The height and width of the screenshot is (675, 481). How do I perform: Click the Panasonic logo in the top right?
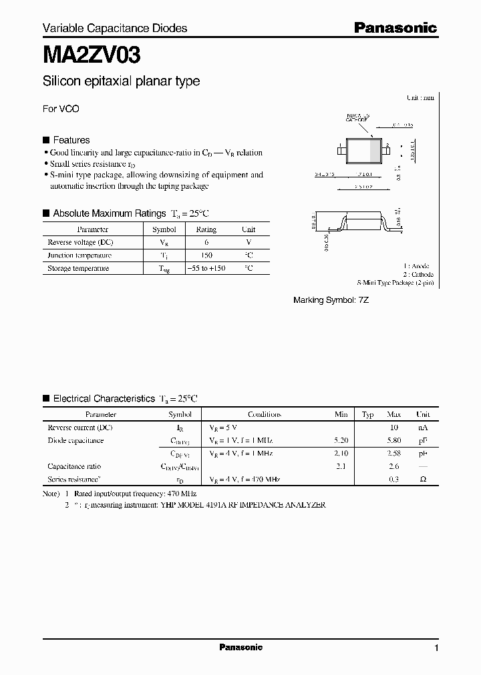pos(395,28)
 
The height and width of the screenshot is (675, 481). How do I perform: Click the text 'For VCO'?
pos(61,109)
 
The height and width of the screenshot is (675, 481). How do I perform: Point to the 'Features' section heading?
pos(71,140)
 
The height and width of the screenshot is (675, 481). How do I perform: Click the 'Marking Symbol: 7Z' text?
pos(331,301)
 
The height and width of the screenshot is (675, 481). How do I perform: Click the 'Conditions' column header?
pos(265,414)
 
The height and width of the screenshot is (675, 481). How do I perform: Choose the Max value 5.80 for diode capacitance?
pos(394,441)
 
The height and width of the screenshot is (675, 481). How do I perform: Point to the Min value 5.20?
pos(340,441)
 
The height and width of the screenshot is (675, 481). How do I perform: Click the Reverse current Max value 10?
pos(394,428)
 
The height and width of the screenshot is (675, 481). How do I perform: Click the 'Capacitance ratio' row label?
pos(74,467)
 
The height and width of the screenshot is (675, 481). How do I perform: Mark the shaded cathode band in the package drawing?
pos(375,150)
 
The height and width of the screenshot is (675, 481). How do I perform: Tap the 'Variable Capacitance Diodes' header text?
pos(115,28)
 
